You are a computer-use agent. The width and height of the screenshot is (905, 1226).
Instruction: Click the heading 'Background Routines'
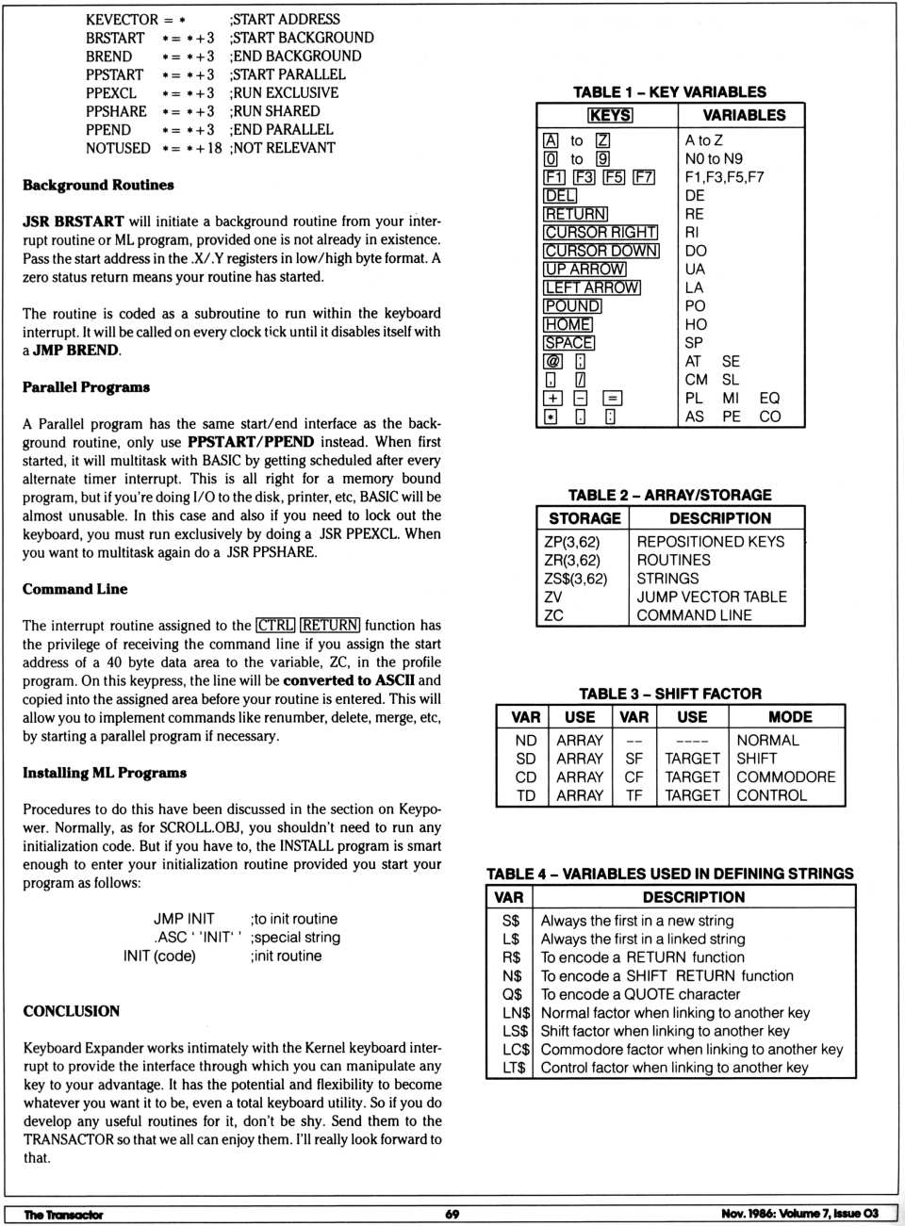[x=98, y=185]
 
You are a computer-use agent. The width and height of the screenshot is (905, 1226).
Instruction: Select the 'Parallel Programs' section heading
[x=86, y=387]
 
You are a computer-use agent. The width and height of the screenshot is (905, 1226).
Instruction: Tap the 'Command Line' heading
[x=74, y=589]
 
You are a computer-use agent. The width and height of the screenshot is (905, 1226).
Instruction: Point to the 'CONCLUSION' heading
[x=72, y=1011]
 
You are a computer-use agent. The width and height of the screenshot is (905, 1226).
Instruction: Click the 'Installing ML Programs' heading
[x=105, y=773]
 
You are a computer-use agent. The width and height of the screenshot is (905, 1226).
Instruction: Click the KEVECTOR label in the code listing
[x=122, y=19]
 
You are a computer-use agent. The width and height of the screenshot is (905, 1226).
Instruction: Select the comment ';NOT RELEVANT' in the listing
[x=282, y=148]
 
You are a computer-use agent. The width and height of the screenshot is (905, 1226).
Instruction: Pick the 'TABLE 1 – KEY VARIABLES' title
[x=669, y=92]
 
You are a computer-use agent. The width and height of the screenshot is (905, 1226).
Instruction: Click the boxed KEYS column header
[x=610, y=115]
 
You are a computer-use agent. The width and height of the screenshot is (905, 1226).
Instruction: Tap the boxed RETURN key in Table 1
[x=575, y=214]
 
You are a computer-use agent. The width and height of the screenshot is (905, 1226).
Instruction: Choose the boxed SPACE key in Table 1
[x=569, y=343]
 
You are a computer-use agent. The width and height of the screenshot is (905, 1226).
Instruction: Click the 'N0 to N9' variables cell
[x=714, y=159]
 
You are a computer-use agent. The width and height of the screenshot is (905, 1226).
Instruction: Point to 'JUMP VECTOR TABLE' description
[x=712, y=597]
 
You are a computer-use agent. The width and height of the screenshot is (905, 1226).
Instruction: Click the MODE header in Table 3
[x=790, y=717]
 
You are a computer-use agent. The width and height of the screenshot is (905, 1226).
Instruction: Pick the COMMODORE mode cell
[x=785, y=777]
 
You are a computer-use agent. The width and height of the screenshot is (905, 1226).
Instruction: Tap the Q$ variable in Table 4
[x=512, y=994]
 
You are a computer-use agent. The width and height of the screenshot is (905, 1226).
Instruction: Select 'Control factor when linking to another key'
[x=674, y=1068]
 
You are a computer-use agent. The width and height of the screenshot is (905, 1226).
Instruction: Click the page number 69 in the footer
[x=452, y=1214]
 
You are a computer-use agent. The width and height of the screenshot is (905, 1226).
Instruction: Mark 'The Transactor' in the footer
[x=63, y=1215]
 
